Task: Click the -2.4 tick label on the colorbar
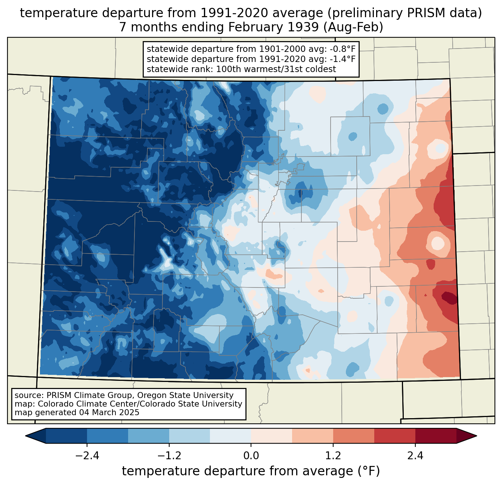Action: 87,456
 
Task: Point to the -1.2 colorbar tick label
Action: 169,456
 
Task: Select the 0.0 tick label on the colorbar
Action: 251,456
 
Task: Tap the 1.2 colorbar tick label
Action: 333,456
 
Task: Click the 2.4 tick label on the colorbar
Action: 415,456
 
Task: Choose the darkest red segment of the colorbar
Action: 436,436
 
